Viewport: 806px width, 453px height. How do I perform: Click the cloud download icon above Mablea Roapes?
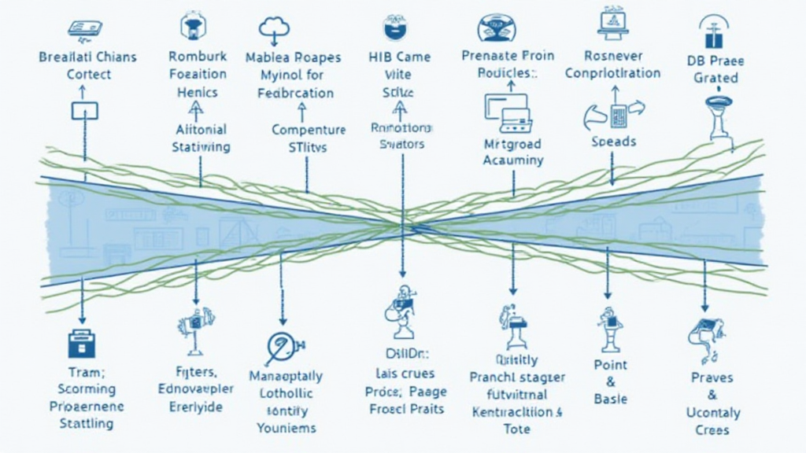point(275,29)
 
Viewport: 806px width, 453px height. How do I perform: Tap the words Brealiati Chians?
point(87,57)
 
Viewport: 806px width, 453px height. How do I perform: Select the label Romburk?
point(198,57)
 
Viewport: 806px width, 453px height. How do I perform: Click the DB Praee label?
point(715,61)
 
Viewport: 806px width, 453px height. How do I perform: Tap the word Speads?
point(614,142)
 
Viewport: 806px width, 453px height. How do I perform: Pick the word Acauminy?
point(513,160)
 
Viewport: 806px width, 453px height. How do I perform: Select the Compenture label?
point(309,130)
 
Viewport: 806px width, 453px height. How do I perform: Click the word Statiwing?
point(201,147)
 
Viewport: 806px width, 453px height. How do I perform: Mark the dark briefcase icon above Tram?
point(81,344)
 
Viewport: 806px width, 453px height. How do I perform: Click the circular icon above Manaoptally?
point(280,347)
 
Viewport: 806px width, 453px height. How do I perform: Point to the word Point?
point(610,365)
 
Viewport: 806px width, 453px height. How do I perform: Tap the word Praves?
point(712,377)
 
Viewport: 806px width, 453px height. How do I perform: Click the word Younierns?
point(287,428)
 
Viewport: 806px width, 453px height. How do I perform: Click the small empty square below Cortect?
point(84,111)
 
